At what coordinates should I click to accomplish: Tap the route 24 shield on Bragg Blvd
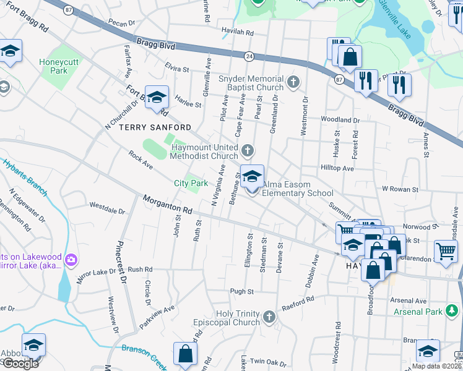[x=249, y=56]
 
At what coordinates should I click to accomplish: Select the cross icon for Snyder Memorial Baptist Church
[x=293, y=81]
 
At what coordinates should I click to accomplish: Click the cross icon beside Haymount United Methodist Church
[x=248, y=150]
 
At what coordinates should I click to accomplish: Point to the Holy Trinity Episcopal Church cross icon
[x=269, y=317]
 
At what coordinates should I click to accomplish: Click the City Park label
[x=191, y=183]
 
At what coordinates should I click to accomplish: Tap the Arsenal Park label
[x=417, y=312]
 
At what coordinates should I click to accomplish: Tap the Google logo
[x=20, y=363]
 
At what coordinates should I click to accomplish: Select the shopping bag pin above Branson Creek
[x=185, y=355]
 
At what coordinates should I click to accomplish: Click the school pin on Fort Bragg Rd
[x=157, y=98]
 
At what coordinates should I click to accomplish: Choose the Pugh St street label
[x=242, y=291]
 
